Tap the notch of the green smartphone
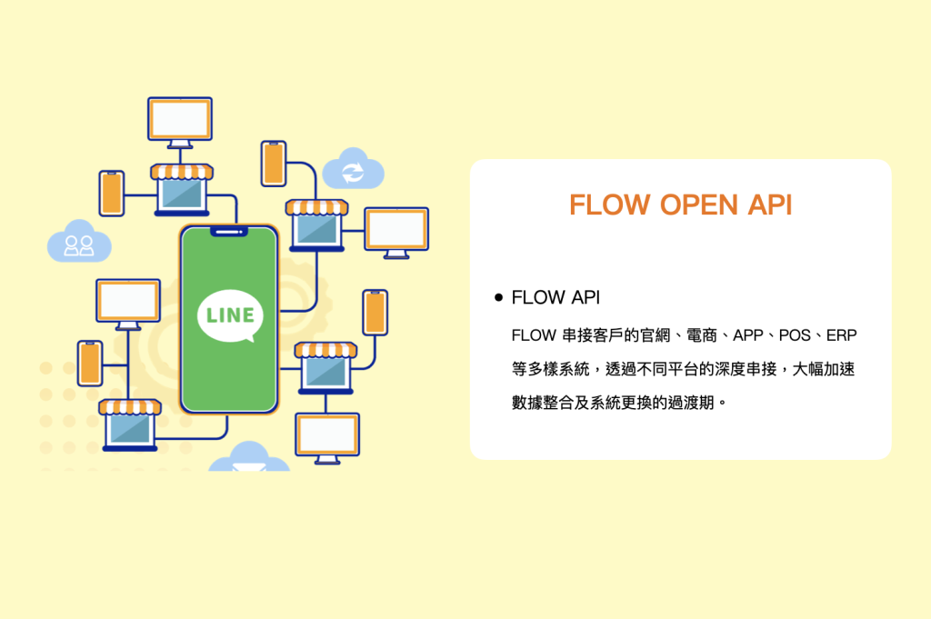pos(229,233)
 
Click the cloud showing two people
pos(79,243)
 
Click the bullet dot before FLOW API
pos(498,297)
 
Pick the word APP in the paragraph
pos(747,335)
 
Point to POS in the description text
pos(795,335)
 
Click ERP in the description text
pos(841,335)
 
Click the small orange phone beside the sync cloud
pos(274,164)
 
